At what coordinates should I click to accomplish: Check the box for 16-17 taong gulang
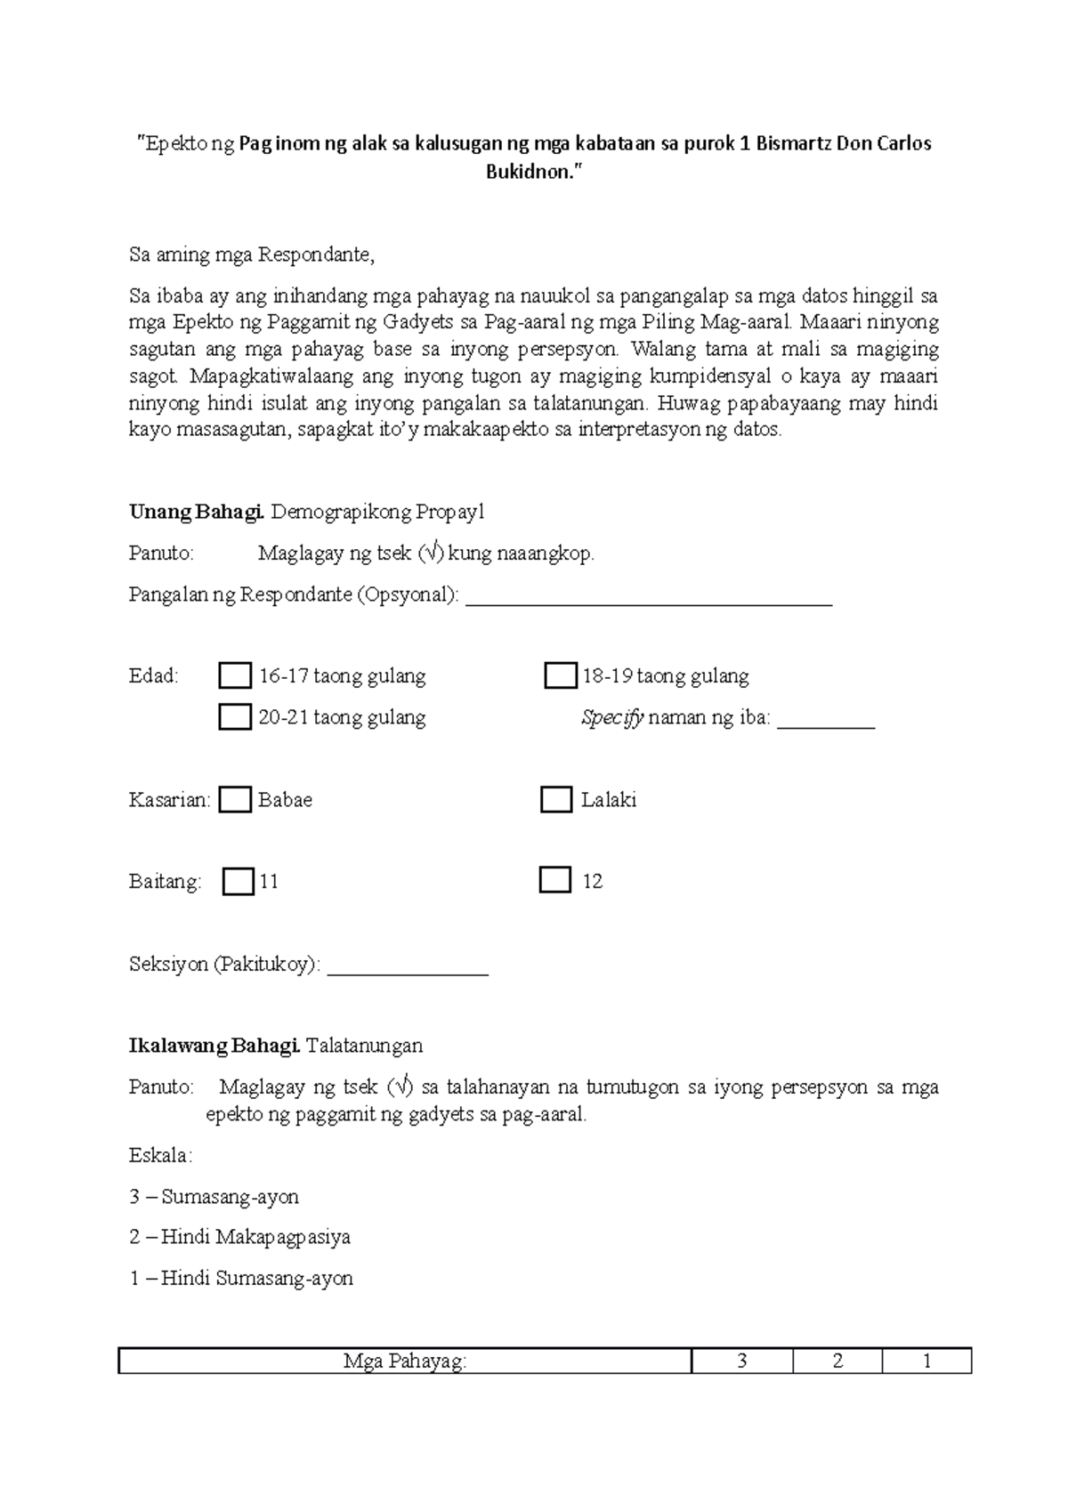tap(235, 676)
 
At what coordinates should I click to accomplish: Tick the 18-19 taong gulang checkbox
tap(560, 676)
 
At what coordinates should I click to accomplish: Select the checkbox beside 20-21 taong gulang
tap(235, 717)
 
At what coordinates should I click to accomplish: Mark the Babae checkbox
tap(235, 799)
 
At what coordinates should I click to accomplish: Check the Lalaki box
tap(556, 799)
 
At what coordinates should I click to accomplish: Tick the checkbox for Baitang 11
tap(238, 882)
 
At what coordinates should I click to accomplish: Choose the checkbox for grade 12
tap(555, 881)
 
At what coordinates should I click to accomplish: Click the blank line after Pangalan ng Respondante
tap(649, 598)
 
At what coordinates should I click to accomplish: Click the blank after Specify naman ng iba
tap(826, 721)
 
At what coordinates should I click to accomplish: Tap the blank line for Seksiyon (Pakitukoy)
tap(408, 967)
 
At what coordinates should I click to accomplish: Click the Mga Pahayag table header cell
tap(405, 1362)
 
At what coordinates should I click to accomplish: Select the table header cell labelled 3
tap(742, 1362)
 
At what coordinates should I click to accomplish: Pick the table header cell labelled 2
tap(837, 1362)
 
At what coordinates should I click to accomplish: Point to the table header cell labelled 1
tap(926, 1362)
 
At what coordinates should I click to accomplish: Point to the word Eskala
tap(160, 1156)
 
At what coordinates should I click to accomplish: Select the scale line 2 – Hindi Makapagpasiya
tap(239, 1237)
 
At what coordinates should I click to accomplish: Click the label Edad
tap(153, 676)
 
